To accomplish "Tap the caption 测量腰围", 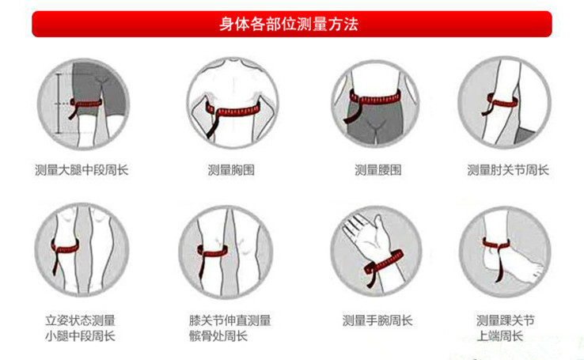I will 377,169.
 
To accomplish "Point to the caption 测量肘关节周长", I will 507,169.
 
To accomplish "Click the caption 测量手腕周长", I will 377,320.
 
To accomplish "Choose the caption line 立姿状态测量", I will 80,320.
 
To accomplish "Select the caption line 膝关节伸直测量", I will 230,320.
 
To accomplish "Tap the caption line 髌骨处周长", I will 218,336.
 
